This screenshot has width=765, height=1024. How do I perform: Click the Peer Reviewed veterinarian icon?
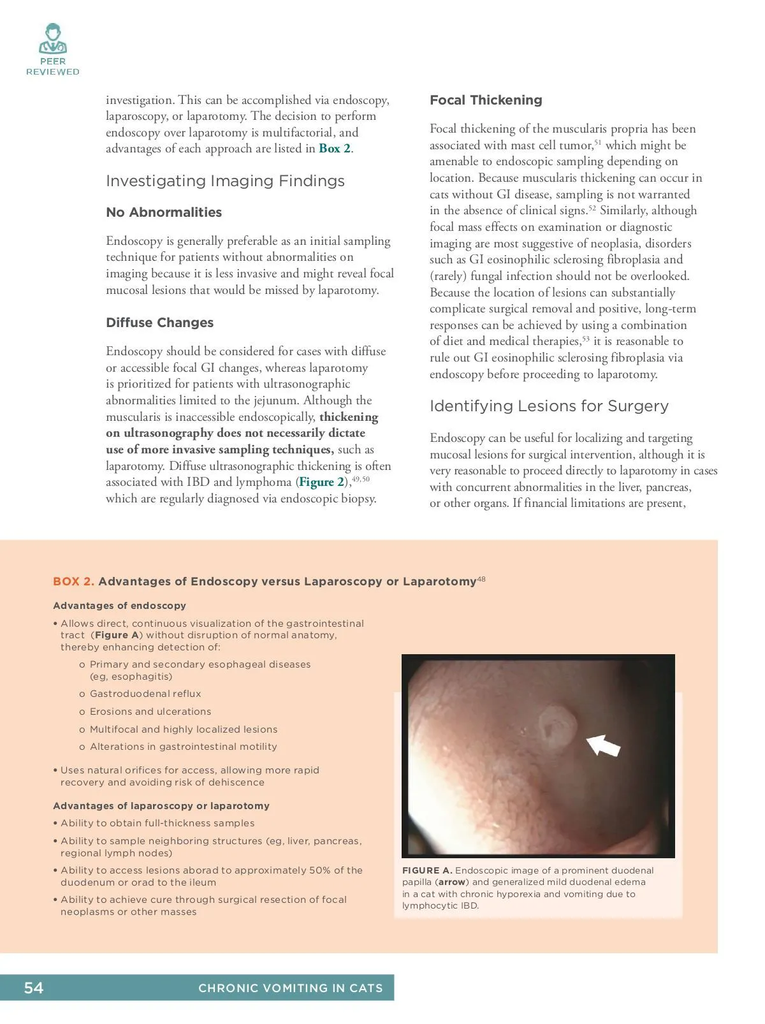point(52,40)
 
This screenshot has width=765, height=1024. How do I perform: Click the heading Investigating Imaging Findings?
point(225,181)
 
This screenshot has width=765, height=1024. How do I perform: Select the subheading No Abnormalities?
point(164,212)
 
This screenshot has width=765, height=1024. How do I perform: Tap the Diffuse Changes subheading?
point(159,323)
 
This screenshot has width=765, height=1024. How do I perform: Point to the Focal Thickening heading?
point(486,100)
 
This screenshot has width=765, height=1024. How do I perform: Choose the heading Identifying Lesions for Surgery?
point(549,406)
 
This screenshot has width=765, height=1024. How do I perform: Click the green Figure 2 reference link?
point(322,482)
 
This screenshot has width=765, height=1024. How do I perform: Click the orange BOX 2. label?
point(73,581)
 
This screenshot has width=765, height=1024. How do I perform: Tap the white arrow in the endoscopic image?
point(603,745)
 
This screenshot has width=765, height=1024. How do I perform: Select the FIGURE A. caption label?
point(427,870)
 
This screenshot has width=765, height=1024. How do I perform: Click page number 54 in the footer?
point(34,988)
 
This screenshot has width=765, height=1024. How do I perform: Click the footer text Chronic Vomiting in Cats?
point(290,988)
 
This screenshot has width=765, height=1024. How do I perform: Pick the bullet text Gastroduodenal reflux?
point(145,694)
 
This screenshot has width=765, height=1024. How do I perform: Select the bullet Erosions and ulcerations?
point(150,712)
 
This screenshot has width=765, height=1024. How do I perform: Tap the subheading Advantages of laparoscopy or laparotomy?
point(161,806)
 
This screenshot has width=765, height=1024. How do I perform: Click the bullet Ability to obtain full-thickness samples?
point(157,823)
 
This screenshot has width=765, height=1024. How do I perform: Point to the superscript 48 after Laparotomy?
point(481,579)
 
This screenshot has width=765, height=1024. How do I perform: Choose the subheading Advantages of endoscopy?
point(119,606)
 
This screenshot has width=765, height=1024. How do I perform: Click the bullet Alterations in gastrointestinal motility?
point(183,747)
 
